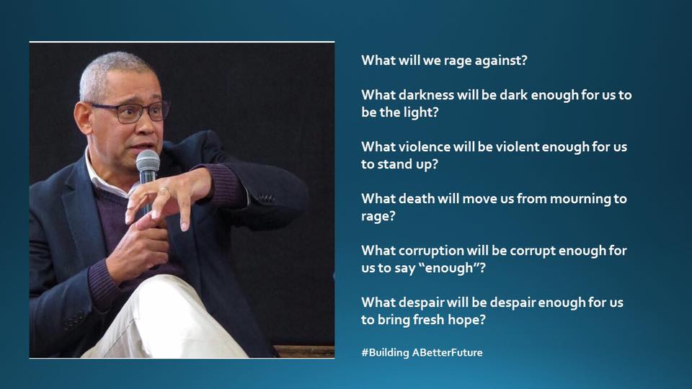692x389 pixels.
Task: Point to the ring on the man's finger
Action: (x=165, y=191)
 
